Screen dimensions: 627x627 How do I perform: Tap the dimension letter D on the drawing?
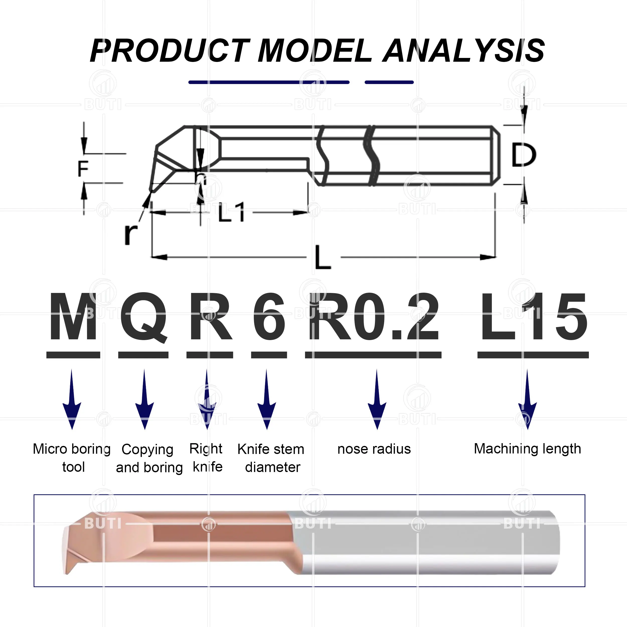coord(523,155)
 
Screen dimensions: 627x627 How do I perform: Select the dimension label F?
coord(83,169)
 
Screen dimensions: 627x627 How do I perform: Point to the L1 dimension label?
coord(231,213)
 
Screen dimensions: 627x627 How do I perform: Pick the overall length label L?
coord(323,257)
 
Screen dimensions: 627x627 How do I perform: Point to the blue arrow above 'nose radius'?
coord(377,399)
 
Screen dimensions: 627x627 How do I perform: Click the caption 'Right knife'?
coord(207,458)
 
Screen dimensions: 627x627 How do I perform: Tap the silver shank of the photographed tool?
coord(428,542)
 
